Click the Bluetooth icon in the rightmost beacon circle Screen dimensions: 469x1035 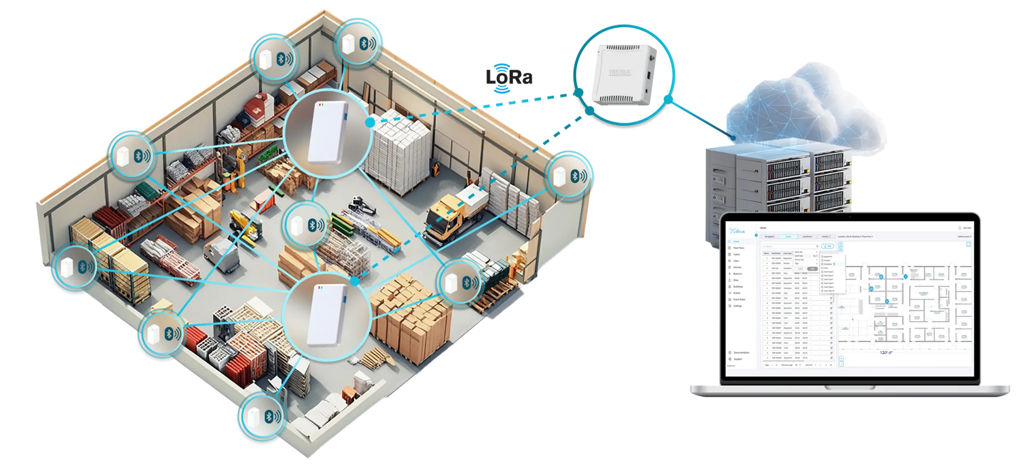(576, 176)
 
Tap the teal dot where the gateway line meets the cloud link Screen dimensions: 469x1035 (666, 99)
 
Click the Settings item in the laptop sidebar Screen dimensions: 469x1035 (738, 306)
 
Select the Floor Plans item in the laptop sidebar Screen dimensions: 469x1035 (739, 248)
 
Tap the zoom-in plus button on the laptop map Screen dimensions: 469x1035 (841, 359)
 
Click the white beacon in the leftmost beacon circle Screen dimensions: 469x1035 (66, 267)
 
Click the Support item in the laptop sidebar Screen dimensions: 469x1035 (738, 359)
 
